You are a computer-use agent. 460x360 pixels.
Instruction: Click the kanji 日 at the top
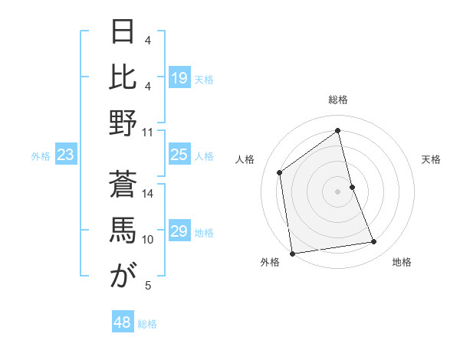pos(123,31)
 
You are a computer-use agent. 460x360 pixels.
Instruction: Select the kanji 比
pos(123,77)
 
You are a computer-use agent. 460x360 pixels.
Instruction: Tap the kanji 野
pos(123,123)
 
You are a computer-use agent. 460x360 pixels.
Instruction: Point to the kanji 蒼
pos(123,185)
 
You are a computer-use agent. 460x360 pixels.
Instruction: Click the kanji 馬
pos(123,231)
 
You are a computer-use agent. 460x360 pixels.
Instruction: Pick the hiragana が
pos(123,277)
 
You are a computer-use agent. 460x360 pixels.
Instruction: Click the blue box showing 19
pos(179,78)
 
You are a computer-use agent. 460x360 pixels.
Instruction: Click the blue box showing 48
pos(122,322)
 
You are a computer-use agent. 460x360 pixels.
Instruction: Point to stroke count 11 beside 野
pos(148,133)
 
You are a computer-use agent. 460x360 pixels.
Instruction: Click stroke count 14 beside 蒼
pos(148,194)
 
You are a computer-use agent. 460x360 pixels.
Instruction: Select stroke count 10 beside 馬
pos(148,240)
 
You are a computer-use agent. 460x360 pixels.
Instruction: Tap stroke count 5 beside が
pos(148,286)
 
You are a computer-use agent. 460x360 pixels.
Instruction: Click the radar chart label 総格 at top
pos(337,100)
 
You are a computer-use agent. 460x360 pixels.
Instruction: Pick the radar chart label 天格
pos(431,159)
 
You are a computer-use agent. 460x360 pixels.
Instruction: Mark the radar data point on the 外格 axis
pos(291,253)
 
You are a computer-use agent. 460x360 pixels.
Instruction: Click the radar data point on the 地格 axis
pos(374,242)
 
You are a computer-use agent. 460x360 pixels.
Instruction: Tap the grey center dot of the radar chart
pos(337,191)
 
